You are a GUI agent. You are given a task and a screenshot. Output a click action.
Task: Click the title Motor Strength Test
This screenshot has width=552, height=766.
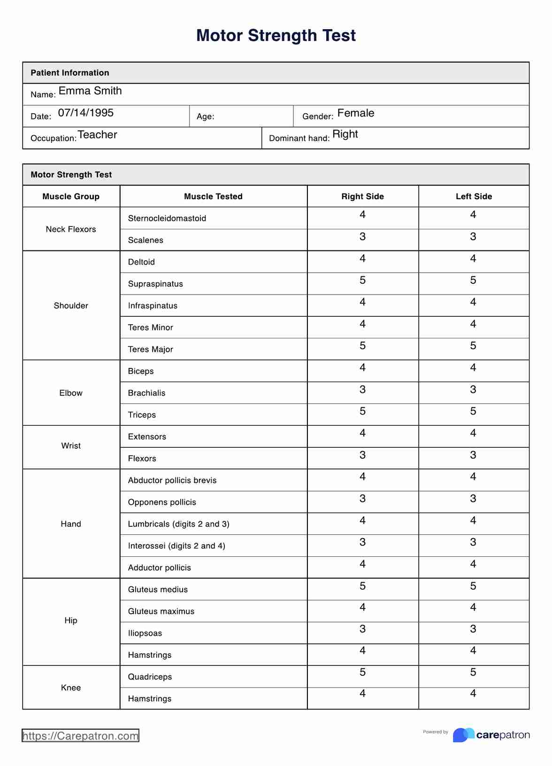pos(276,36)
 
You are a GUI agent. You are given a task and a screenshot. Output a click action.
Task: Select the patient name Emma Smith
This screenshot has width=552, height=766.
pos(90,91)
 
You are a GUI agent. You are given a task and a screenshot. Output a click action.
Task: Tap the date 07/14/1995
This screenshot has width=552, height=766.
pos(85,113)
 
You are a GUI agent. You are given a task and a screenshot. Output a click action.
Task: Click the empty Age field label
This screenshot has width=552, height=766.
pos(205,117)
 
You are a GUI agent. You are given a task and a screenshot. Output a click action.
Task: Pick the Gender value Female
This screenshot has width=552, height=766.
pos(355,113)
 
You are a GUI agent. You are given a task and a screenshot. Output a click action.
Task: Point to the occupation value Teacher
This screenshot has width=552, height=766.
pos(97,135)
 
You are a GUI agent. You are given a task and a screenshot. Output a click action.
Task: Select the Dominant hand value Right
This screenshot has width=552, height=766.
pos(345,134)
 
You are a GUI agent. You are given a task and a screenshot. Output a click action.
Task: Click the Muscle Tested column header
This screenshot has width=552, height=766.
pos(213,196)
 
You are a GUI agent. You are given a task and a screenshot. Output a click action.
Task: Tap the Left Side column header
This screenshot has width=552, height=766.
pos(474,196)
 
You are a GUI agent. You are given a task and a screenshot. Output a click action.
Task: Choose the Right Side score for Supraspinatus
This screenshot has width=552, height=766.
pos(362,281)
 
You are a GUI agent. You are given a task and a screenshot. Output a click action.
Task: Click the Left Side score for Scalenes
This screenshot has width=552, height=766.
pos(473,237)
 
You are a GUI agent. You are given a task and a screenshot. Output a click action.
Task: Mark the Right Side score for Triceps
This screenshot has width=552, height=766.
pos(362,412)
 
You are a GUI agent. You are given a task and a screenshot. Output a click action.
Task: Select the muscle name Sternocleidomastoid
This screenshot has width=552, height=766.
pos(167,219)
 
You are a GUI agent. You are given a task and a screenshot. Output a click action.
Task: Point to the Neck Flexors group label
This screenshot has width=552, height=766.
pos(71,229)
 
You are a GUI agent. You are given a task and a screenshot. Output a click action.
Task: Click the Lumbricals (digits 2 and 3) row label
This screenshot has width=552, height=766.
pos(178,524)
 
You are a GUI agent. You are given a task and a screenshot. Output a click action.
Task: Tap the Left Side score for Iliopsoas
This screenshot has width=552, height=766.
pos(473,629)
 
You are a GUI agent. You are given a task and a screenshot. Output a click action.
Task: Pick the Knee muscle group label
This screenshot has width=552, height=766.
pos(71,688)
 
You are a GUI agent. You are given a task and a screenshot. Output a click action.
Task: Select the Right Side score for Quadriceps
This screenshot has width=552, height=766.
pos(362,672)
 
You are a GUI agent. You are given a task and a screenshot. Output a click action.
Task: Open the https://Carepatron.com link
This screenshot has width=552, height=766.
pos(80,736)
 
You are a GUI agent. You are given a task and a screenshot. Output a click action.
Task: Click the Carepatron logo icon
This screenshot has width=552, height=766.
pos(463,735)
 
